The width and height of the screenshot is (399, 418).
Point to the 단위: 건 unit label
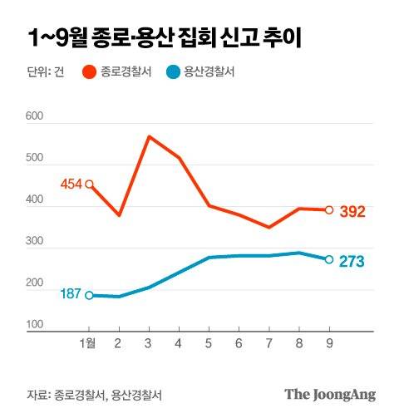[x=47, y=72]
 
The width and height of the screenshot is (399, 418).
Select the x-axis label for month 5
[x=209, y=343]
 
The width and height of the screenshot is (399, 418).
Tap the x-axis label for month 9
[x=329, y=343]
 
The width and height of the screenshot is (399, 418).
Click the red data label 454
[x=71, y=184]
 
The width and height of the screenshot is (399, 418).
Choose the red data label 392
[x=352, y=212]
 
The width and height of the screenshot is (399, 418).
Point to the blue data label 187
[x=71, y=294]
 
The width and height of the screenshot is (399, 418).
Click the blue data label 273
[x=352, y=261]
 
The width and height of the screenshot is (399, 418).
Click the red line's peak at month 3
[x=149, y=136]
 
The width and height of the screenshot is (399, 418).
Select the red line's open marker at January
[x=89, y=184]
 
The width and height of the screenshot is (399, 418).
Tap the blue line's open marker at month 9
[x=329, y=259]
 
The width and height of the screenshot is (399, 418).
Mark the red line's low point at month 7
[x=268, y=227]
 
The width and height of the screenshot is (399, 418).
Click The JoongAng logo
[x=330, y=394]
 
